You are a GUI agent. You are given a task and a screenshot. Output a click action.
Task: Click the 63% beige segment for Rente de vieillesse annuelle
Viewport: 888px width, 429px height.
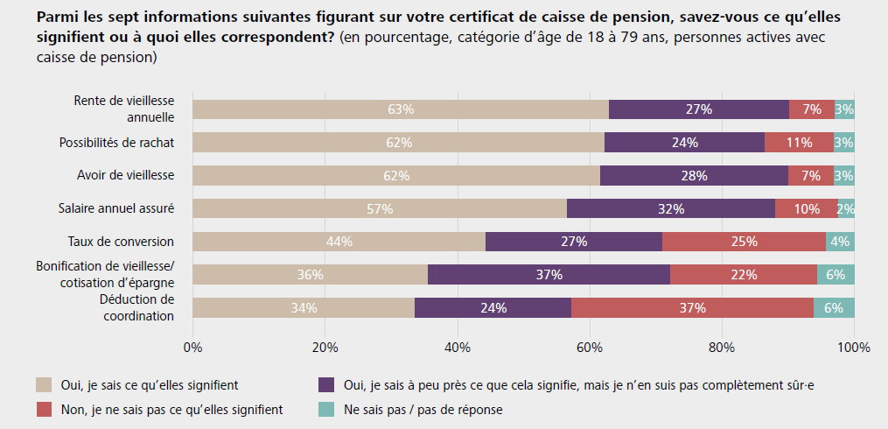[x=401, y=109]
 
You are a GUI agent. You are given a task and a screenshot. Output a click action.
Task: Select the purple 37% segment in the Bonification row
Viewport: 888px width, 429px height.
[x=549, y=275]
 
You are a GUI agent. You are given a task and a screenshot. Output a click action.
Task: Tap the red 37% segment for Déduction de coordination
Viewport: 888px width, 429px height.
[x=692, y=308]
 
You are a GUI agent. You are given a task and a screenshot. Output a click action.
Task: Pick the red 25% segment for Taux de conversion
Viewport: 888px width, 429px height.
[x=744, y=242]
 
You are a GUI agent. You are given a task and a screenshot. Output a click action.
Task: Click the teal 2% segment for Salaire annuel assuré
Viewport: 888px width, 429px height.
[x=846, y=208]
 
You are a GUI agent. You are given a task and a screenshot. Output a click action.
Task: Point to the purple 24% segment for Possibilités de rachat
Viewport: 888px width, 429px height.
[x=684, y=143]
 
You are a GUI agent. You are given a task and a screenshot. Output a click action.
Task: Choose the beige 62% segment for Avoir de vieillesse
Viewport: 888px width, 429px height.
[x=396, y=175]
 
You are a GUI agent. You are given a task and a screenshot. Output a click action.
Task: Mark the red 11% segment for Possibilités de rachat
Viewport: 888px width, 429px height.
[x=799, y=143]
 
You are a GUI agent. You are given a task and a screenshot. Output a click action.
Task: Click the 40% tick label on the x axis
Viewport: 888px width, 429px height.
[x=458, y=347]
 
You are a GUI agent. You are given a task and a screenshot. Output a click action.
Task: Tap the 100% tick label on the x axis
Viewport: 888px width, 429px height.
[x=854, y=347]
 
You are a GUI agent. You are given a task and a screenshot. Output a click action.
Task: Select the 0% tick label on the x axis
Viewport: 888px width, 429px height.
[x=192, y=347]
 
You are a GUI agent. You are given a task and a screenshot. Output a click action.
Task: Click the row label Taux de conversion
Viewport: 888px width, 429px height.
[x=121, y=242]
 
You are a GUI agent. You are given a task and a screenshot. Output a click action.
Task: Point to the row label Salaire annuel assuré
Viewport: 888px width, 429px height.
[x=116, y=208]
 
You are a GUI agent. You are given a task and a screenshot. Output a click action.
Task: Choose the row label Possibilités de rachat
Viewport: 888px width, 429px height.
[x=116, y=143]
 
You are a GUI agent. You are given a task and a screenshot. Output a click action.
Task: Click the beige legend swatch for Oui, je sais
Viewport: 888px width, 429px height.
[x=43, y=383]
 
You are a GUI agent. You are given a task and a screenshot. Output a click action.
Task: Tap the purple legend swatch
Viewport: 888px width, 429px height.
[x=327, y=383]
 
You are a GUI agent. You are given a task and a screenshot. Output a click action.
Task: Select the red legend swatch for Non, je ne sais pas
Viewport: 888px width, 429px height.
[x=43, y=408]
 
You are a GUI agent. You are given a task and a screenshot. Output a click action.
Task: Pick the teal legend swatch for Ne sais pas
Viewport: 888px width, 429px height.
[x=327, y=408]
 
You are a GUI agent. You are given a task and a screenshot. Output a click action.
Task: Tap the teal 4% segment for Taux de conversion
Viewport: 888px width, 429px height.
[x=841, y=242]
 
